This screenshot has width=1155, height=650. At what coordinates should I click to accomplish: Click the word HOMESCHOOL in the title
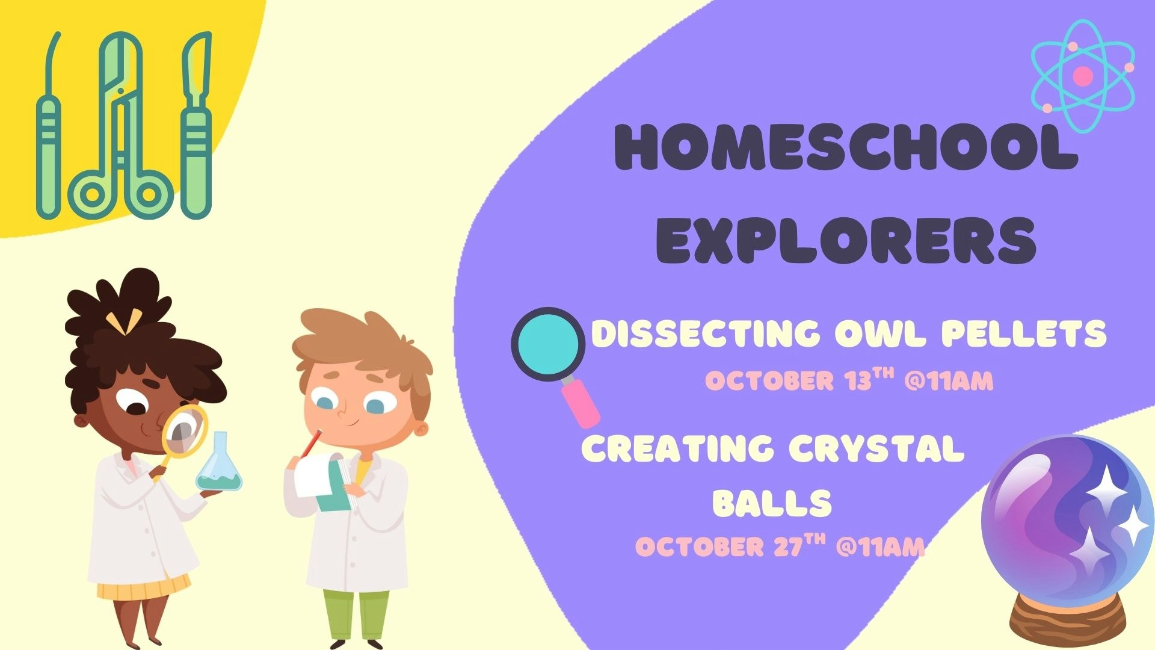(845, 147)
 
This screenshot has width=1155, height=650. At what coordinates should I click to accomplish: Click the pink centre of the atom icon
(1083, 76)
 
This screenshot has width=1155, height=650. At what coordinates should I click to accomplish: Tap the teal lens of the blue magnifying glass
(548, 344)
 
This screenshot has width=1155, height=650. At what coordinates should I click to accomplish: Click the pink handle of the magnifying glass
(581, 402)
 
